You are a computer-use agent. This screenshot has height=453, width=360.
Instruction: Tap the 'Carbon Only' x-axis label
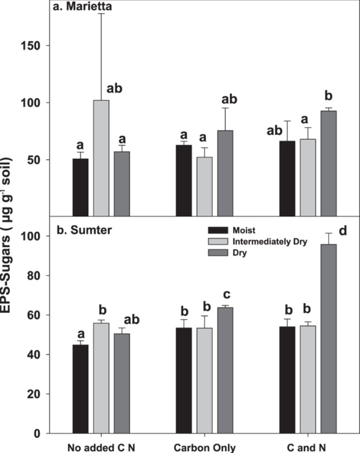205,447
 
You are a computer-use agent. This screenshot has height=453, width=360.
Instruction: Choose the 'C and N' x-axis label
308,447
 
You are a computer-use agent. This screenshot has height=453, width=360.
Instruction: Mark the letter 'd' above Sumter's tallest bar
344,229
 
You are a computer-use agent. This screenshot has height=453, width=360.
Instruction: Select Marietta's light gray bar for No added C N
102,158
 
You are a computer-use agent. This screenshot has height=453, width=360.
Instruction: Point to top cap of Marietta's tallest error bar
102,14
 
